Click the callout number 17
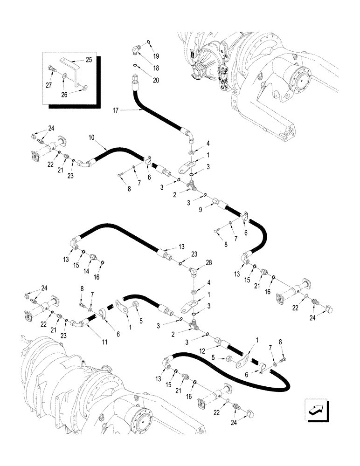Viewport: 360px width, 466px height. (116, 110)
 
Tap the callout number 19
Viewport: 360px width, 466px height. (156, 56)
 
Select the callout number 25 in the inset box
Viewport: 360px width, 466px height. (89, 60)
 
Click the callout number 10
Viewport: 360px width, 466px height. (91, 138)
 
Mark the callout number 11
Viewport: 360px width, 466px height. (104, 342)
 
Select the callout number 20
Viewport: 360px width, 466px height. (155, 80)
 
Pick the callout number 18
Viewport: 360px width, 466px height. (156, 68)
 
